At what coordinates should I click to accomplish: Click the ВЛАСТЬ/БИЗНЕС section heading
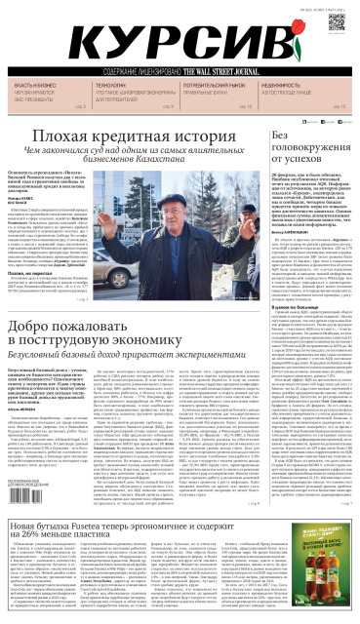[29, 87]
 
